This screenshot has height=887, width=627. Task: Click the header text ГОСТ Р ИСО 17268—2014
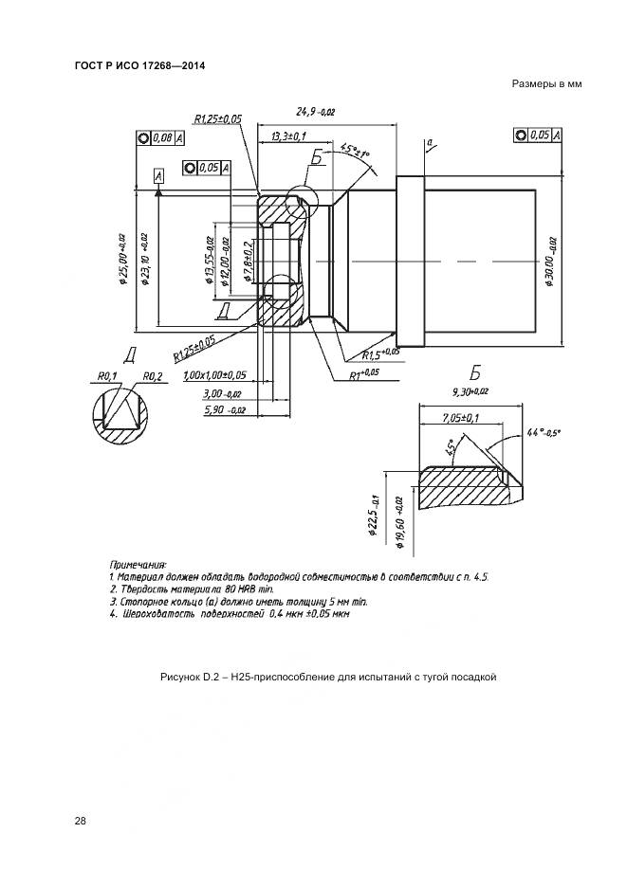139,66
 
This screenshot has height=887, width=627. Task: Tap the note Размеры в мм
545,84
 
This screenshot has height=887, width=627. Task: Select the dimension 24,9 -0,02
316,111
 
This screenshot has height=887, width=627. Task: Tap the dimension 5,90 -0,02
225,410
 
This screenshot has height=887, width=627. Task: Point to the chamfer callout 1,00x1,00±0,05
214,375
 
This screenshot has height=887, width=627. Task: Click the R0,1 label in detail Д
106,375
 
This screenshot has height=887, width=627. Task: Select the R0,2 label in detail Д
152,375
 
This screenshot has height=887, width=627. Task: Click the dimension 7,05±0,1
462,417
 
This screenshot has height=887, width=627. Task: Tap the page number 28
81,820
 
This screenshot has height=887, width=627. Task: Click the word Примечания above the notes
138,563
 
